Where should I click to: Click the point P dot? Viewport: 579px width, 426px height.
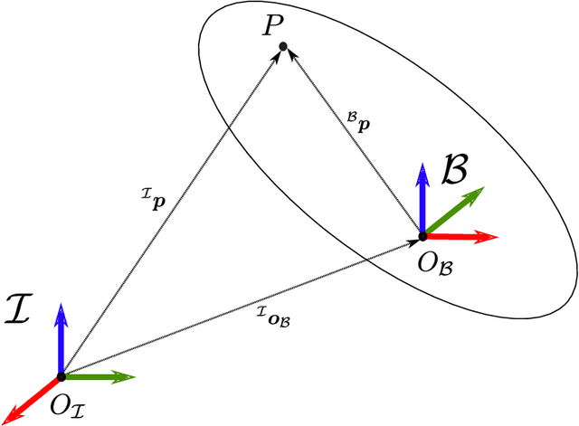(x=283, y=46)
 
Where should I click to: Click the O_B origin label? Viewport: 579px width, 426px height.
(x=437, y=263)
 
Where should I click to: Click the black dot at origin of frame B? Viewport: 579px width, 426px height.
(x=422, y=237)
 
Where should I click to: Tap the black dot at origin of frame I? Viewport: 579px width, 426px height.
(x=61, y=376)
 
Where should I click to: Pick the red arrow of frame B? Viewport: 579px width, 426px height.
(x=461, y=237)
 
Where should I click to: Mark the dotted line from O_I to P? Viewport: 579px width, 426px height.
(x=172, y=211)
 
